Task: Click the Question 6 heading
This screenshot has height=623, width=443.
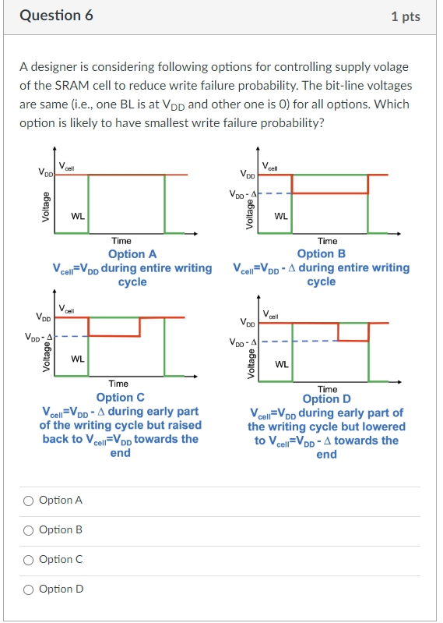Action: (x=55, y=16)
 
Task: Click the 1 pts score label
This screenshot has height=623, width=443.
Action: (x=406, y=16)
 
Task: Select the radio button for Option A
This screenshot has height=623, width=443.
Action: (x=29, y=500)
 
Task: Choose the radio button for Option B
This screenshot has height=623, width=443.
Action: (x=29, y=529)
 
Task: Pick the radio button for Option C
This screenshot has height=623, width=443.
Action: (x=29, y=559)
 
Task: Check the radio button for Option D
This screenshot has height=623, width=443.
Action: (x=29, y=589)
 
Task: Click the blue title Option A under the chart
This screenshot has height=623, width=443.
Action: (x=132, y=253)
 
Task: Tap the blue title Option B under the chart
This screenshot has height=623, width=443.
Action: (x=321, y=253)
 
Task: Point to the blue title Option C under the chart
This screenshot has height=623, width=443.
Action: (x=120, y=397)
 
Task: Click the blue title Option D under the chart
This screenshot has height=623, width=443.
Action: (x=326, y=398)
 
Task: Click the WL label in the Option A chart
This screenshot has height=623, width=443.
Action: (x=78, y=216)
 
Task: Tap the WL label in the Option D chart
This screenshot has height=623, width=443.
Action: (x=282, y=364)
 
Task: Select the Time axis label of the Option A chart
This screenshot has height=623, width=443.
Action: (x=121, y=241)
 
